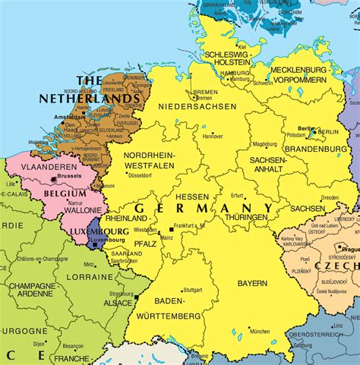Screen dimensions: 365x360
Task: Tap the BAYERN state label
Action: pos(251,283)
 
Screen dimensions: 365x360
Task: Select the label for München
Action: pos(259,331)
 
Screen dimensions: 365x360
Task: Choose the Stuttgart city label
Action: pos(192,289)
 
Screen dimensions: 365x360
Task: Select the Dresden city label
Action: pos(330,197)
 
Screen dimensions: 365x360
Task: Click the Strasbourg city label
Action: pos(121,294)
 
